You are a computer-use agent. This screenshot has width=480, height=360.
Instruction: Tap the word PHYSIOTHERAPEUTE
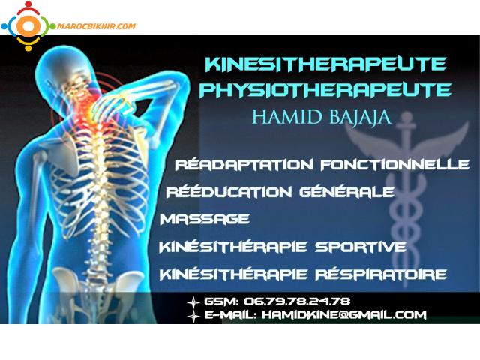coord(325,90)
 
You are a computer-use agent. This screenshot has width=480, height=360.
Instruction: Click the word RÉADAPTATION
coord(244,164)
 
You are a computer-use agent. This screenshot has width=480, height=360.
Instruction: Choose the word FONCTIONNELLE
coord(395,164)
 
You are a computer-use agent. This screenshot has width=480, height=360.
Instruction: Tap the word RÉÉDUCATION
coord(229,192)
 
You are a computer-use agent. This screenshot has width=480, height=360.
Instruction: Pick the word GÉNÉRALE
coord(346,192)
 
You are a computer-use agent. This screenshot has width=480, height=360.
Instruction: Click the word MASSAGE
coord(205,219)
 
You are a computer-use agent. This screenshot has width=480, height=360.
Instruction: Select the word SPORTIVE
coord(361,247)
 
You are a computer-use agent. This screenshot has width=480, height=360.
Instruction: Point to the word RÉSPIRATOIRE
coord(381,274)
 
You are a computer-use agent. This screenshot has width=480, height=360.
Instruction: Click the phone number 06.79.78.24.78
coord(297,301)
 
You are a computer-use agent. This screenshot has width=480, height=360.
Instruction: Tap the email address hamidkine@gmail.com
coord(344,314)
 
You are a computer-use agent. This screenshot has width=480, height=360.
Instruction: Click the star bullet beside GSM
coord(193,302)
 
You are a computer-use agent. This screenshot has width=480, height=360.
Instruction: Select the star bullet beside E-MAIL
coord(193,316)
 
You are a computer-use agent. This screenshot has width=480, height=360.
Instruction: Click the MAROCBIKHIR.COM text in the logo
coord(96,26)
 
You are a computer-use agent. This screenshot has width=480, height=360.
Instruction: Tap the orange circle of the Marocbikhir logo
coord(28,25)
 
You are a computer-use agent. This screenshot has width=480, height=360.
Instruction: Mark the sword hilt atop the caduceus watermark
coord(406,122)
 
